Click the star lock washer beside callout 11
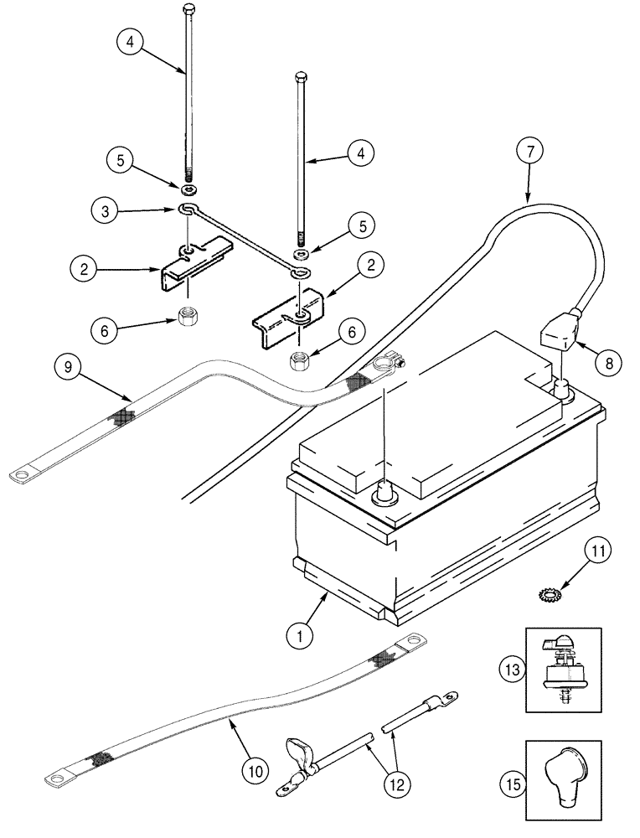[549, 594]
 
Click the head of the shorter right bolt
[302, 78]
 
